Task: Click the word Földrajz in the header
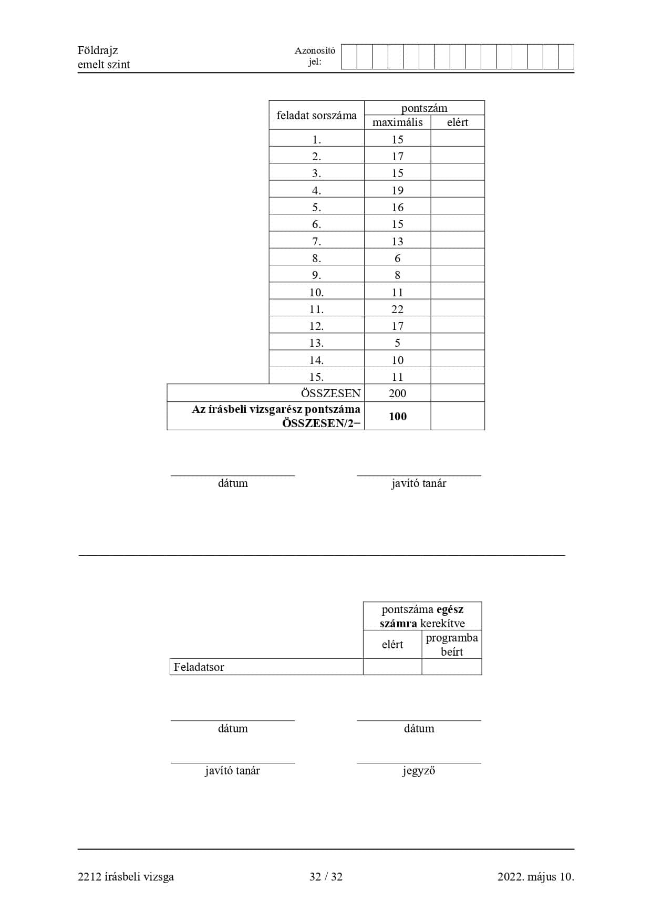point(98,50)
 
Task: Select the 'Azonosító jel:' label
point(315,56)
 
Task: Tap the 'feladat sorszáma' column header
point(316,115)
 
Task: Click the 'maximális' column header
point(397,122)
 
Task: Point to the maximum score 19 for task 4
point(397,190)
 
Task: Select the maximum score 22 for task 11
point(397,309)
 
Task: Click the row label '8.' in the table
point(316,258)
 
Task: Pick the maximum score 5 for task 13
point(397,343)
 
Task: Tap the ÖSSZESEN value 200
point(397,393)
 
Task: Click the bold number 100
point(397,416)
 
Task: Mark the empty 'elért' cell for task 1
point(457,139)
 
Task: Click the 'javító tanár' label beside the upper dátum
point(419,483)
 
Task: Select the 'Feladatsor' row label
point(199,667)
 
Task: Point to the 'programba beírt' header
point(452,645)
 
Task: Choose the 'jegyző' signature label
point(419,771)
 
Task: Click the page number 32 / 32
point(326,876)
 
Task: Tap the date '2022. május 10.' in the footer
point(535,876)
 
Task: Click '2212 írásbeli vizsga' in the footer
point(126,876)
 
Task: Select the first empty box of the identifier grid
point(349,57)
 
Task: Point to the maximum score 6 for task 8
point(397,258)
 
